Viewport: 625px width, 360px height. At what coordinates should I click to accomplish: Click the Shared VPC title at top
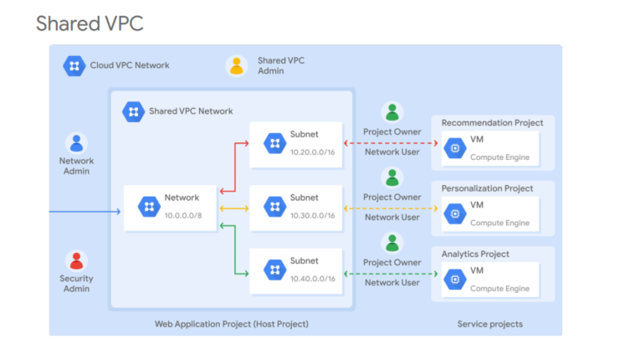pos(90,23)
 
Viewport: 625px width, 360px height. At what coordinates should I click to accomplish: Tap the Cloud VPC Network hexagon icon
pos(74,65)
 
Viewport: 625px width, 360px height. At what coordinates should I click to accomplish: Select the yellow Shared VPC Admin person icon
pos(237,65)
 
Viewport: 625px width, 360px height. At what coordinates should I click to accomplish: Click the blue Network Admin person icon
pos(76,143)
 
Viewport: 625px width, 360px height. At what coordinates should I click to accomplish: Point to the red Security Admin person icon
pos(76,260)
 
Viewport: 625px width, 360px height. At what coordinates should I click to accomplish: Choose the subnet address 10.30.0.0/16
pos(312,215)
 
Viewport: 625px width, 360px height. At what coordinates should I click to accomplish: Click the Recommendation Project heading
pos(492,123)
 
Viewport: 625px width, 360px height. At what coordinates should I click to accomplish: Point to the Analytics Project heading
pos(474,254)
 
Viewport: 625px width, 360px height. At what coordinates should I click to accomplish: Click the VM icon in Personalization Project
pos(455,213)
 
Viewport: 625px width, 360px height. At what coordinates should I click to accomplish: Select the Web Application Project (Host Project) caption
pos(231,323)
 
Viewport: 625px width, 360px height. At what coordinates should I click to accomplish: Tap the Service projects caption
pos(490,323)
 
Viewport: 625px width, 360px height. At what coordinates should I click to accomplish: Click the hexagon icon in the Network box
pos(149,206)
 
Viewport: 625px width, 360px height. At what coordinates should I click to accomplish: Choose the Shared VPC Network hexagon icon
pos(132,111)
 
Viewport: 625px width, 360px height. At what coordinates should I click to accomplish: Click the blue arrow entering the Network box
pos(84,211)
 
